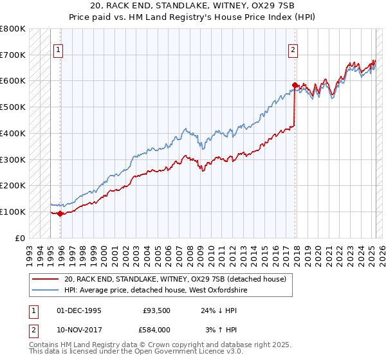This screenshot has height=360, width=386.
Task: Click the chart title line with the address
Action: coord(192,6)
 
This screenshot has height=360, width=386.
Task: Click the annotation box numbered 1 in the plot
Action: coord(58,50)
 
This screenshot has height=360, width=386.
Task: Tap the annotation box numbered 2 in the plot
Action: coord(293,50)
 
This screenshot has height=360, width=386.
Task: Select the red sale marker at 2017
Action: coord(295,85)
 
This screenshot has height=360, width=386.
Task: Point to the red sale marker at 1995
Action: coord(60,213)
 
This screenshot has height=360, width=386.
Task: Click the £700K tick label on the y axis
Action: coord(13,55)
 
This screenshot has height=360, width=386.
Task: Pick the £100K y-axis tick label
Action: coord(13,212)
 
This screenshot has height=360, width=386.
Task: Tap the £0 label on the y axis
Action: coord(20,238)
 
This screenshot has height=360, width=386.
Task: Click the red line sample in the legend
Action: coord(46,279)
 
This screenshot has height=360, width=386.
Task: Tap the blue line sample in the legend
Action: coord(46,290)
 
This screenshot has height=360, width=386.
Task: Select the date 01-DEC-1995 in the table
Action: coord(79,310)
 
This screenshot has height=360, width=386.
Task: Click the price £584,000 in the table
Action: coord(156,329)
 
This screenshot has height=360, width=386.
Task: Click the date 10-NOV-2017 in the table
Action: coord(79,329)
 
